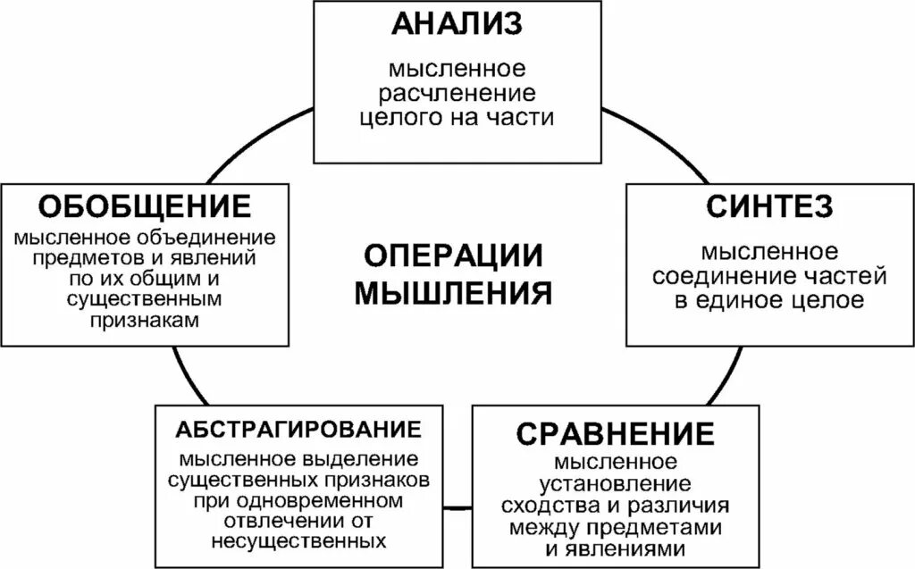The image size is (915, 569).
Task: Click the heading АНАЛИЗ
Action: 457,24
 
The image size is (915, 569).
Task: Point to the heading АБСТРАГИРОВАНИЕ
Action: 299,428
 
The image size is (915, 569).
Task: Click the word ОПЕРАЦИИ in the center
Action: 454,256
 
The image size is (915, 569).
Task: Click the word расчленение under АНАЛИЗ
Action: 457,93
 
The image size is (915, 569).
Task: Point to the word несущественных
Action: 299,541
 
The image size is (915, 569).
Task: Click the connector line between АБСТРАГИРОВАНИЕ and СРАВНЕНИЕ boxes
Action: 457,509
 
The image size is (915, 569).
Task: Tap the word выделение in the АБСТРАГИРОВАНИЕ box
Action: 362,461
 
